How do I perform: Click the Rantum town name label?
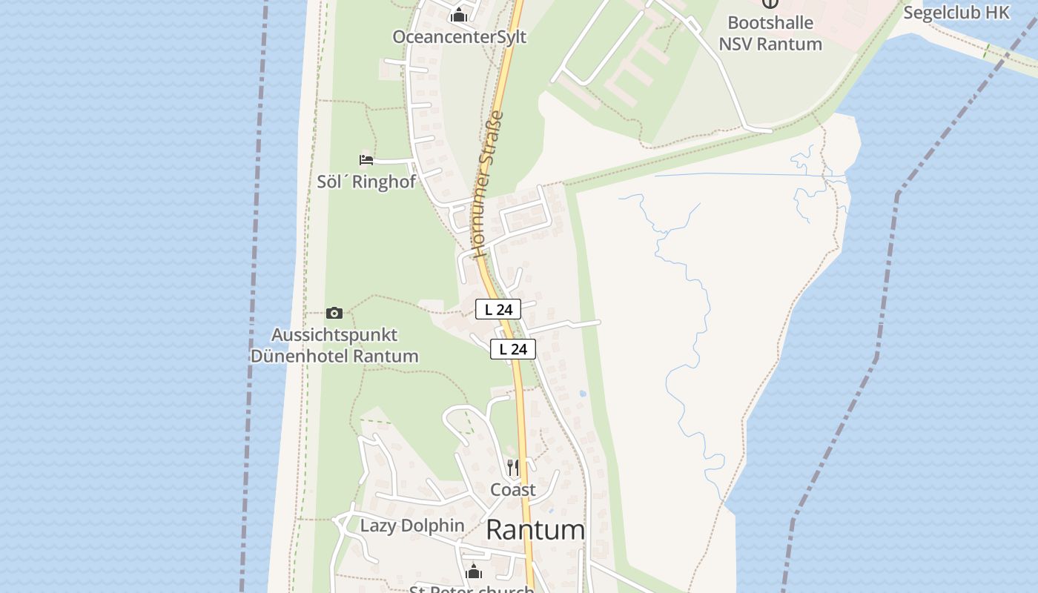click(x=535, y=530)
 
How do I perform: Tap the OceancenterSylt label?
click(x=459, y=37)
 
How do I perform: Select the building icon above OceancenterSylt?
click(x=459, y=15)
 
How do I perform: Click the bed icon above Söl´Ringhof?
click(x=366, y=159)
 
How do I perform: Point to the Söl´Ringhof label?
click(x=366, y=182)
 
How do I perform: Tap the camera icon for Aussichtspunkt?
click(x=334, y=313)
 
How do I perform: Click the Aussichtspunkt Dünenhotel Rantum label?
click(x=334, y=345)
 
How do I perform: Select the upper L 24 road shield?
click(x=498, y=309)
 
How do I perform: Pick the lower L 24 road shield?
click(x=513, y=349)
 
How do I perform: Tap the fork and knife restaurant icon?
click(x=513, y=468)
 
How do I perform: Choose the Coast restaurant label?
click(x=513, y=490)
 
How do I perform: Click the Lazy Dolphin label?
click(x=412, y=526)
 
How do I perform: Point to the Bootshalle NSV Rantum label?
click(x=770, y=33)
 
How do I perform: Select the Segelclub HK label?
click(x=956, y=13)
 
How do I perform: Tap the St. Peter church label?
click(x=472, y=589)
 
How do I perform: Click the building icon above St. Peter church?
click(x=474, y=572)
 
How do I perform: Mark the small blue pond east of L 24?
click(x=583, y=394)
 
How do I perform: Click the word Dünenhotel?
click(x=300, y=356)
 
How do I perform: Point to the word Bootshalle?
click(x=770, y=23)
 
